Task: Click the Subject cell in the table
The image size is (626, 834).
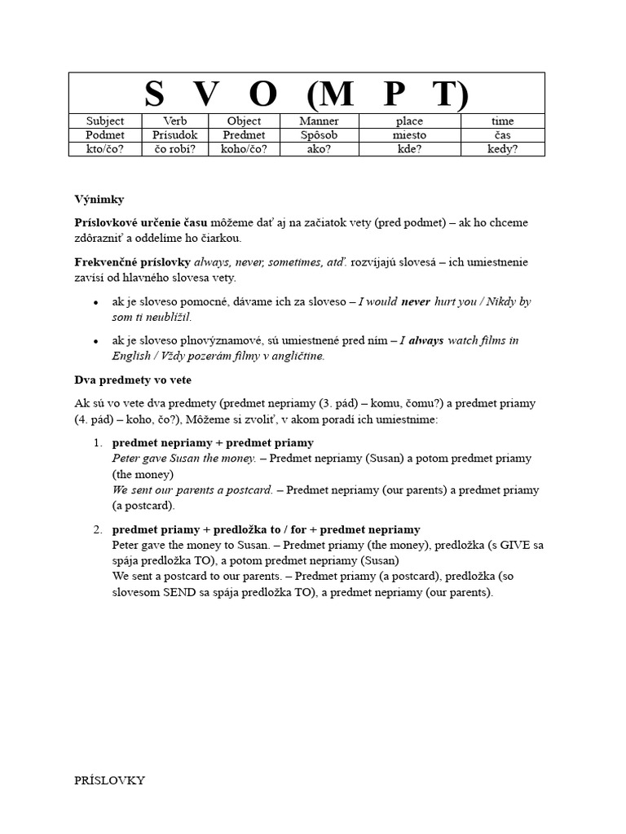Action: pyautogui.click(x=105, y=121)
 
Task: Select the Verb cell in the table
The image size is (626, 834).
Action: pyautogui.click(x=174, y=121)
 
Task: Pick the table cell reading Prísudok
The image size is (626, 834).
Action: pyautogui.click(x=174, y=135)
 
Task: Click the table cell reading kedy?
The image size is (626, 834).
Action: pyautogui.click(x=503, y=149)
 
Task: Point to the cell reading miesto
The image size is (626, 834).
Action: pyautogui.click(x=408, y=135)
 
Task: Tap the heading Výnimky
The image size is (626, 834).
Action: pyautogui.click(x=99, y=199)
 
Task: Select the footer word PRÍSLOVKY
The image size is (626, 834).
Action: pyautogui.click(x=109, y=780)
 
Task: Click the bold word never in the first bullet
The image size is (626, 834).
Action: pyautogui.click(x=416, y=301)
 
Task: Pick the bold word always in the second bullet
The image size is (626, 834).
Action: pyautogui.click(x=426, y=340)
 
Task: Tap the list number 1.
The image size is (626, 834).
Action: pyautogui.click(x=97, y=443)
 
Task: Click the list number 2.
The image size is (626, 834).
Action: pyautogui.click(x=97, y=529)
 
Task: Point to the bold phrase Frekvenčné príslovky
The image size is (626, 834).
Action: pyautogui.click(x=132, y=262)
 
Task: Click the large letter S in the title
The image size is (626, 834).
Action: pyautogui.click(x=154, y=94)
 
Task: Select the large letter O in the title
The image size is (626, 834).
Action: pyautogui.click(x=262, y=94)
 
